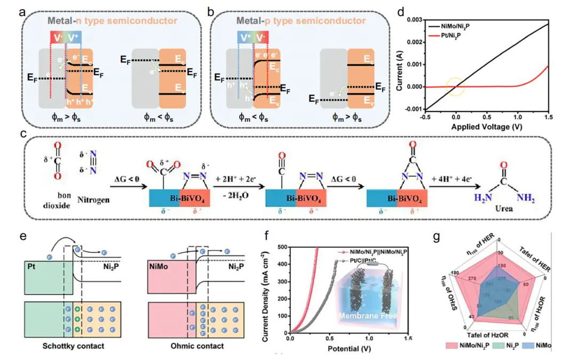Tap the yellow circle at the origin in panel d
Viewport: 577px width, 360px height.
(455, 87)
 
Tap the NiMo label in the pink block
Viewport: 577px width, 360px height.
(159, 265)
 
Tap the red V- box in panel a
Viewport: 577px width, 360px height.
(57, 36)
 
